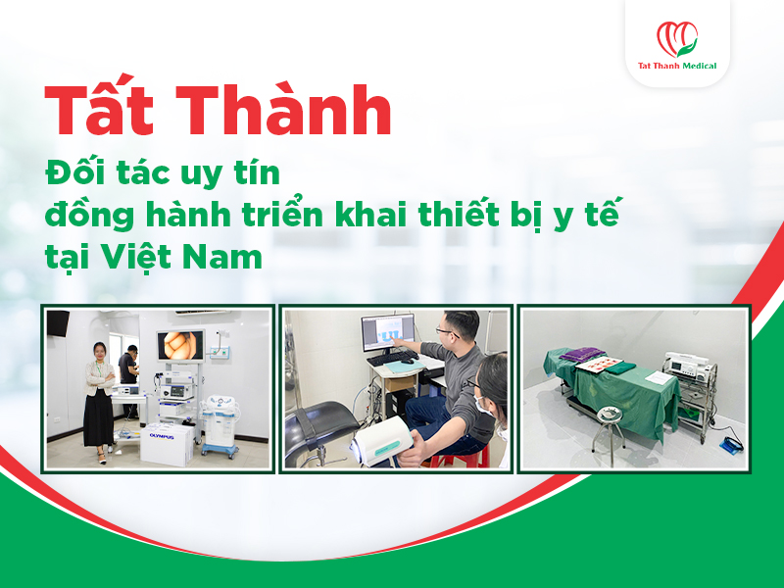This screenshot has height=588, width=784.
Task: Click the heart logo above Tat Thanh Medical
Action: tap(677, 39)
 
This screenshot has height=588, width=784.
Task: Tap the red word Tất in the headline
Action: tap(97, 114)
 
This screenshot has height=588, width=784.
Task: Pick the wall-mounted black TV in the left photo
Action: tap(58, 323)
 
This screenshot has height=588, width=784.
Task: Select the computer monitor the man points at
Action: tap(388, 332)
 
